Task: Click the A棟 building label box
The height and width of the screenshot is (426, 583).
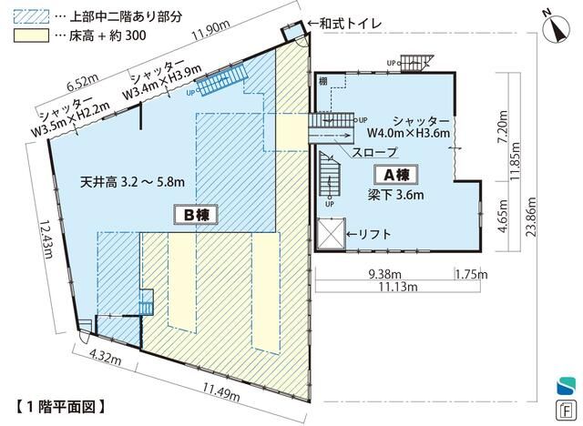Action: (x=396, y=175)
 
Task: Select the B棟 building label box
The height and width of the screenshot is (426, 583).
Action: (x=195, y=215)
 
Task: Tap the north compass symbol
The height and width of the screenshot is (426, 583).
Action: (x=557, y=30)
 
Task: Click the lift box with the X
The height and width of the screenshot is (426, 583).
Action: (x=331, y=234)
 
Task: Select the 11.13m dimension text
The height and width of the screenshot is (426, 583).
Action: (x=398, y=287)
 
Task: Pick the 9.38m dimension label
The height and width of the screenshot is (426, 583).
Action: (x=384, y=275)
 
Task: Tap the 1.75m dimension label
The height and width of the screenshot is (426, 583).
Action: (x=472, y=275)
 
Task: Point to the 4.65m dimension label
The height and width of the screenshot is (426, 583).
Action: (x=503, y=217)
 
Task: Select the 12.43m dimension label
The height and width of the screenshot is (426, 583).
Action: (x=47, y=239)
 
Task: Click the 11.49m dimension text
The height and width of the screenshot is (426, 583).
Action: (x=221, y=391)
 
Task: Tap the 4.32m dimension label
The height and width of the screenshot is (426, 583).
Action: (x=106, y=356)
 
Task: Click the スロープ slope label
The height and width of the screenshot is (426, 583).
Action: (x=374, y=152)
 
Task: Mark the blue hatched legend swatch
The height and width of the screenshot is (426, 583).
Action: (x=31, y=16)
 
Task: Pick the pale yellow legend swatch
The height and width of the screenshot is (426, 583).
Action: (x=31, y=35)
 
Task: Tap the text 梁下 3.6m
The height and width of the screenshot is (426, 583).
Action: (x=395, y=195)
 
